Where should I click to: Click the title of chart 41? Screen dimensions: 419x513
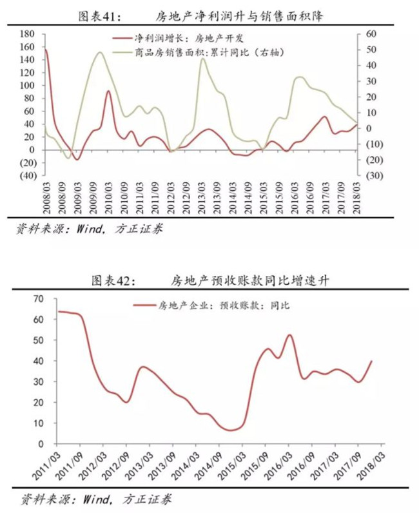[x=201, y=16]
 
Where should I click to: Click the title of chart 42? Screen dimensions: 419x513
[x=210, y=281]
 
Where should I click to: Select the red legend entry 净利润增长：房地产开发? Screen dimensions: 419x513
[x=178, y=39]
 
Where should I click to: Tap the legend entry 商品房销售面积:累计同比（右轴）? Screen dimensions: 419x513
[x=198, y=52]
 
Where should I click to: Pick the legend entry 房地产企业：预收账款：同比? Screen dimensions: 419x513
[x=211, y=305]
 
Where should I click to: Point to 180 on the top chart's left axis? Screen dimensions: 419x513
[x=27, y=34]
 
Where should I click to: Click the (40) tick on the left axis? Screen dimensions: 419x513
[x=28, y=176]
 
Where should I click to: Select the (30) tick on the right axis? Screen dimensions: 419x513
[x=374, y=176]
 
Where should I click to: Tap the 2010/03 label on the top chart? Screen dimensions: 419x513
[x=109, y=198]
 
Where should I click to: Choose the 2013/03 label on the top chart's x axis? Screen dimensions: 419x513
[x=202, y=198]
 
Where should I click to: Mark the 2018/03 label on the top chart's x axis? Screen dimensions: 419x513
[x=357, y=198]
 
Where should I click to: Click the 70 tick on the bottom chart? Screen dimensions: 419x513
[x=38, y=298]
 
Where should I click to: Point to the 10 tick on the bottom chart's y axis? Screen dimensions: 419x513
[x=38, y=423]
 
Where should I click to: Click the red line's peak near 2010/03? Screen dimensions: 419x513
[x=109, y=91]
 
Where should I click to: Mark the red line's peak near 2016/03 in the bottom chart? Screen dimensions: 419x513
[x=289, y=334]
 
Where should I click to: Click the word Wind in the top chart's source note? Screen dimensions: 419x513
[x=89, y=229]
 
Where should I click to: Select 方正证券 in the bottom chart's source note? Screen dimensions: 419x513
[x=147, y=499]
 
